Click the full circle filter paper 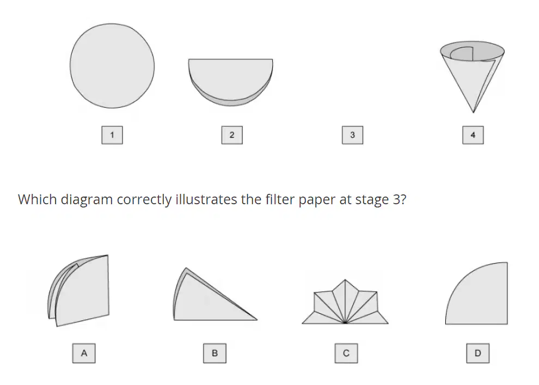pyautogui.click(x=112, y=66)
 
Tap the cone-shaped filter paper pyautogui.click(x=473, y=76)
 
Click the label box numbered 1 pyautogui.click(x=112, y=135)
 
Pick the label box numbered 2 pyautogui.click(x=232, y=135)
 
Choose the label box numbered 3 pyautogui.click(x=352, y=135)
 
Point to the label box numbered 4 pyautogui.click(x=473, y=135)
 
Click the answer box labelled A pyautogui.click(x=84, y=353)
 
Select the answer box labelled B pyautogui.click(x=215, y=353)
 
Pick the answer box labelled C pyautogui.click(x=346, y=353)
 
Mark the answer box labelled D pyautogui.click(x=478, y=353)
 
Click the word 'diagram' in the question pyautogui.click(x=87, y=200)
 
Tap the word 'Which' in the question pyautogui.click(x=37, y=199)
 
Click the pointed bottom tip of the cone pyautogui.click(x=473, y=112)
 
